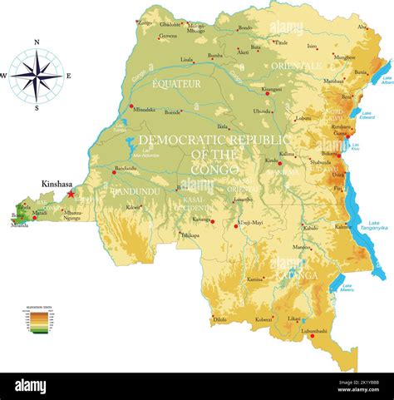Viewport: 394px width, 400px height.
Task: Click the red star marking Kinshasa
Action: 71,193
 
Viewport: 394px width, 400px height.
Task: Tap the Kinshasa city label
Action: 59,184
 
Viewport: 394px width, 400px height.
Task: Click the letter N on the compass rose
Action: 37,42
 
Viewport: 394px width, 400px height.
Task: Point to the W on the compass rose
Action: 3,76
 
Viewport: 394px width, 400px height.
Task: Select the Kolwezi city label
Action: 263,319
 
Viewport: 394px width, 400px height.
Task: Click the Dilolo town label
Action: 219,319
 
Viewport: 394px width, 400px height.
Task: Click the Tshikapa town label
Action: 190,235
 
